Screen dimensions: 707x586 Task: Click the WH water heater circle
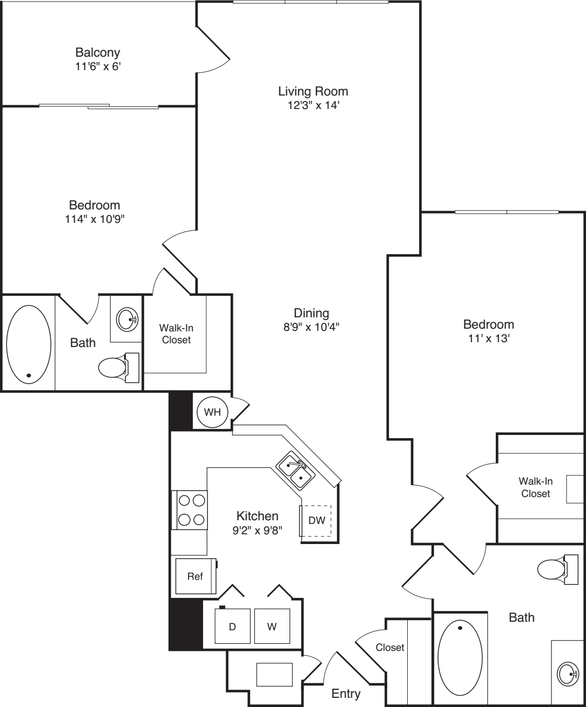point(212,412)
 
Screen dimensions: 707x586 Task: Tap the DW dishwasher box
point(316,521)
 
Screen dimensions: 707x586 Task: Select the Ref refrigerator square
point(195,576)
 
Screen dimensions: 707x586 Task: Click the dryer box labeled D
point(233,627)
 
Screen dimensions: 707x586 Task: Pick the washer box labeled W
point(272,627)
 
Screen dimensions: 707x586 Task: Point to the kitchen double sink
point(295,471)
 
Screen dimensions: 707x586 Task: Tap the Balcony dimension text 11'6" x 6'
point(98,67)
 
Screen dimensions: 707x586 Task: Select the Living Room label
point(313,91)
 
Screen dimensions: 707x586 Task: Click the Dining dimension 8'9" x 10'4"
point(312,327)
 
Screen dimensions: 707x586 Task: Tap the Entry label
point(346,694)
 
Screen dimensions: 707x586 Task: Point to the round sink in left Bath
point(128,319)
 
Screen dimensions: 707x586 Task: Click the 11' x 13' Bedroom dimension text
point(488,338)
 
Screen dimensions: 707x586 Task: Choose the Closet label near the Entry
point(390,647)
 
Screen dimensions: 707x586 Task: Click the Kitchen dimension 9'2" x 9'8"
point(257,530)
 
